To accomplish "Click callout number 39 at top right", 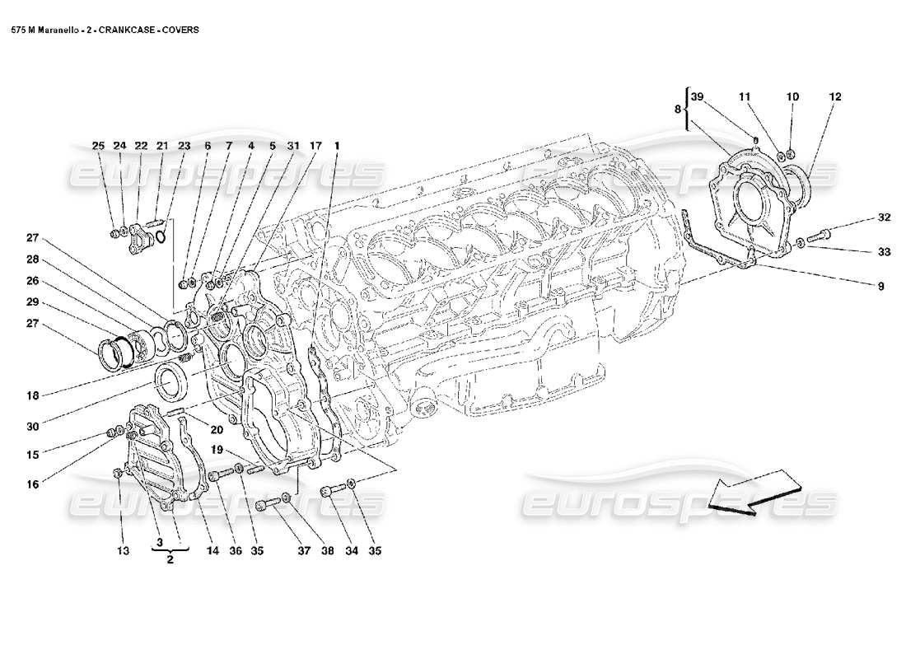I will click(698, 97).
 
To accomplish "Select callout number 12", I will click(835, 97).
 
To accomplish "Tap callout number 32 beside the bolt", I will click(884, 218).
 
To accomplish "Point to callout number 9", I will click(880, 286).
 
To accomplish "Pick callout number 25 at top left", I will click(98, 146).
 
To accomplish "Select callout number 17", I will click(315, 146).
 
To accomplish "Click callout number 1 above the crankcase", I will click(337, 146).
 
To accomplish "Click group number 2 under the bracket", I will click(170, 559).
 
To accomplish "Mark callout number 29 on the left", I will click(32, 302).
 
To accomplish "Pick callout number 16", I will click(32, 484).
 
